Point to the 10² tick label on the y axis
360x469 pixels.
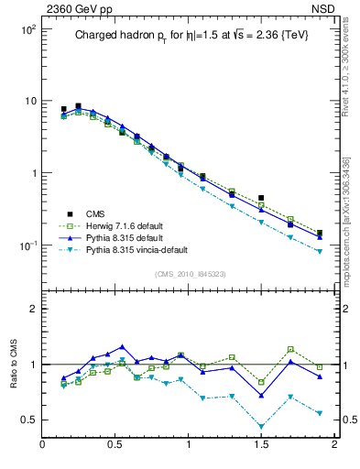pos(27,30)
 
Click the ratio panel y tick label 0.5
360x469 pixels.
pos(27,420)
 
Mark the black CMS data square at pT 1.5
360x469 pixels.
pos(261,198)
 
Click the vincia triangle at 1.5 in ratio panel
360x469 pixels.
pos(261,426)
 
